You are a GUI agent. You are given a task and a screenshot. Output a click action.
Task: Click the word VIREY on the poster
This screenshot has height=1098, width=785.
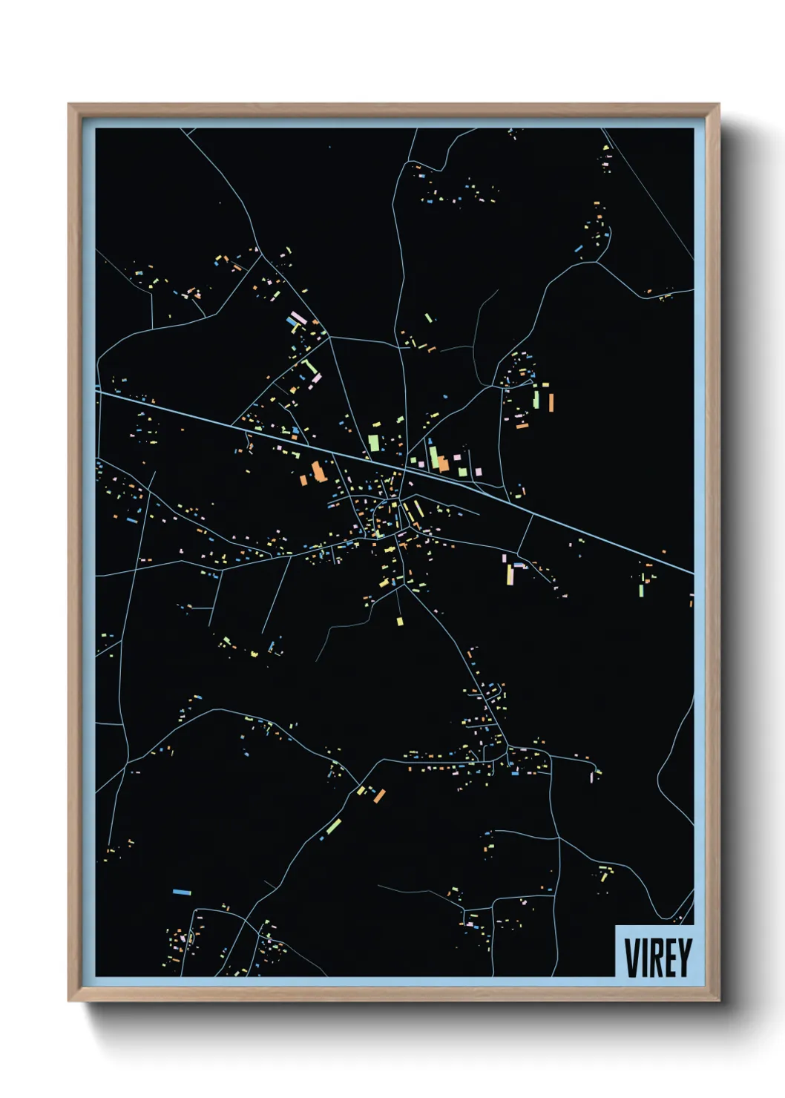coord(658,957)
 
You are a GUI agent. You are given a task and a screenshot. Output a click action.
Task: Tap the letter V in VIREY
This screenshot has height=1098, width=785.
coord(631,957)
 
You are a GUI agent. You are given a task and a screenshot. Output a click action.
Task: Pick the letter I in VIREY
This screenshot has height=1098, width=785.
coord(643,957)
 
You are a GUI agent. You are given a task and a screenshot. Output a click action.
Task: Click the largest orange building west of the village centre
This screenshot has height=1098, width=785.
coord(318,470)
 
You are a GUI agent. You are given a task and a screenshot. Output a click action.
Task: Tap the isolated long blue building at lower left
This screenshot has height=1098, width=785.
coord(182,892)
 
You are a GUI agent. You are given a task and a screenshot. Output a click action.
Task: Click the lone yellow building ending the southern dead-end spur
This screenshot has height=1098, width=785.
coord(399,620)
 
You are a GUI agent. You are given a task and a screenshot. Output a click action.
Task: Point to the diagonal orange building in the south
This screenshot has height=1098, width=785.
coord(380,795)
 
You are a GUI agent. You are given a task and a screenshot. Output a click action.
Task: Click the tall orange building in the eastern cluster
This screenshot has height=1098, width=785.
coord(551,402)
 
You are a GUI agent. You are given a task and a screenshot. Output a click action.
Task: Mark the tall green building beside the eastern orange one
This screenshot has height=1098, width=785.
coord(536,398)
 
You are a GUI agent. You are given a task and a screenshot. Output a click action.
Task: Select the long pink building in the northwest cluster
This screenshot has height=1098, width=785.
coord(298,318)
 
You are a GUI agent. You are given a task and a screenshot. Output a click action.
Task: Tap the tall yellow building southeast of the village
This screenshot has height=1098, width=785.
coord(510,574)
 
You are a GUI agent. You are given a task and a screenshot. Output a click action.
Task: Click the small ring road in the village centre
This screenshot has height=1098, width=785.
coord(387,511)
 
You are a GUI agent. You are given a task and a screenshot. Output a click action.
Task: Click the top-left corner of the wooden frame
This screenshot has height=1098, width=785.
coord(70,105)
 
